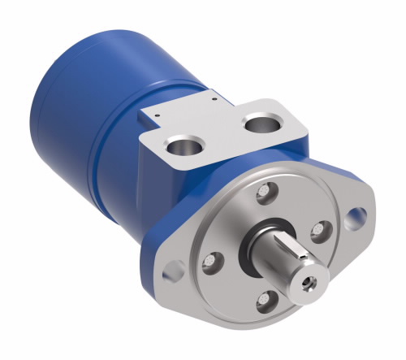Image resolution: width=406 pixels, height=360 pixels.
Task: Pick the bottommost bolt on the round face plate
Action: (x=265, y=303)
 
